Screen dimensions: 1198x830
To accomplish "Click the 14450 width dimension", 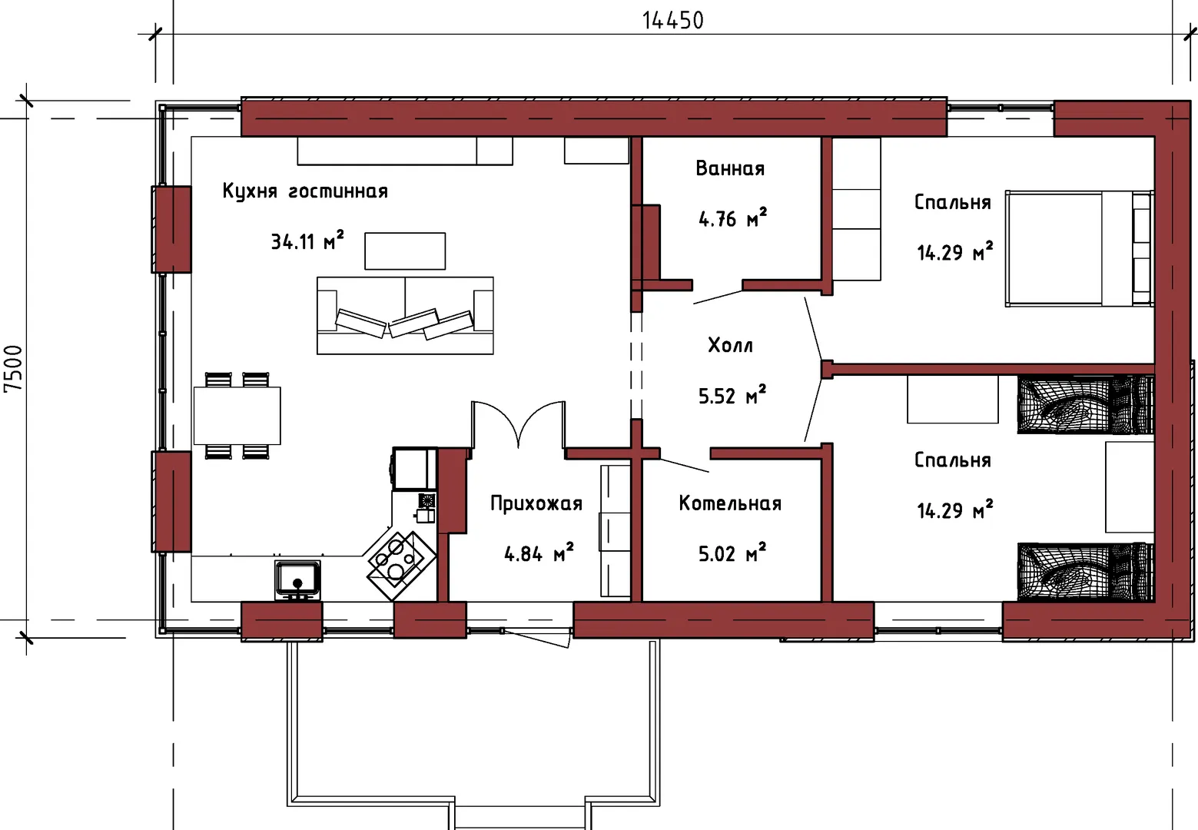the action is pos(672,20).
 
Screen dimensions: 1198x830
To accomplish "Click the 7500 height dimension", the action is pos(13,368).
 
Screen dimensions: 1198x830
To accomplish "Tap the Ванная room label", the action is pos(730,168).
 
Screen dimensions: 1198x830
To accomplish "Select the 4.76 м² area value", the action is pos(732,218).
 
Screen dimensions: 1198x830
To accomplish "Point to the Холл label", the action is pos(731,346).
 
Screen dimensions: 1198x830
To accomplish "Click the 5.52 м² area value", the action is pos(732,395).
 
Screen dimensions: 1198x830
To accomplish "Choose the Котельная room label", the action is pos(730,503).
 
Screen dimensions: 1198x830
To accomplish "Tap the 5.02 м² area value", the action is pos(732,553).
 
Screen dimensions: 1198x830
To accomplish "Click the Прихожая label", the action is pos(536,504).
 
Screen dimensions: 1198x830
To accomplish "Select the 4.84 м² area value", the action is pos(539,553).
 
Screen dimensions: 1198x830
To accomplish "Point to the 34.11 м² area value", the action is pos(307,241).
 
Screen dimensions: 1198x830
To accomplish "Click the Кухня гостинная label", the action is pos(305,191).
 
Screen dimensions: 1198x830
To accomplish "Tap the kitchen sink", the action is pos(298,579).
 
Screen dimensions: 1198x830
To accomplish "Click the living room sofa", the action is pos(405,316).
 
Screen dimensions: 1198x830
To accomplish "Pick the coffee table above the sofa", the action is pos(405,251).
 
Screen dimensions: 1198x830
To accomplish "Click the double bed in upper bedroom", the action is pos(1079,249).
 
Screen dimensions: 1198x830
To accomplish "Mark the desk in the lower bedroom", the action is pos(953,399).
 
